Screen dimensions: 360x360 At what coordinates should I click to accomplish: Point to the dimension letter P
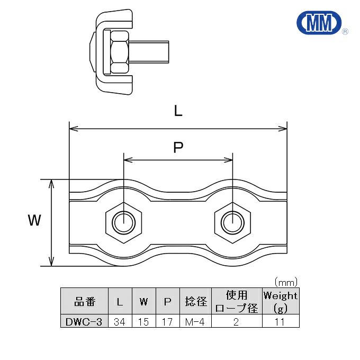coord(178,148)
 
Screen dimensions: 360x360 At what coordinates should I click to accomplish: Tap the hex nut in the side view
coord(120,51)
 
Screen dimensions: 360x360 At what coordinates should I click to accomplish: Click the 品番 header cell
coord(85,302)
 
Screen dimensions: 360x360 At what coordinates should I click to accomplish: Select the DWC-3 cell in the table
coord(85,321)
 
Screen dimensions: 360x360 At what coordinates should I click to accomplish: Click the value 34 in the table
coord(120,321)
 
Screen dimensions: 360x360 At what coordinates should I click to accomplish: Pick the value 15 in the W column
coord(143,321)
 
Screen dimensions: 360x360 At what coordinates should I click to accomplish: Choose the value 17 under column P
coord(167,321)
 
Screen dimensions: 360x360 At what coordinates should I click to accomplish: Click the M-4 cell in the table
coord(195,321)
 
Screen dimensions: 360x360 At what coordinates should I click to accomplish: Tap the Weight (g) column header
coord(281,302)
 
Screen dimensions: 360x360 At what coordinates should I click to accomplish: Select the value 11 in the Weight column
coord(281,321)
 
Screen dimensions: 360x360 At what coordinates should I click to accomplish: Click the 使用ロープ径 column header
coord(237,302)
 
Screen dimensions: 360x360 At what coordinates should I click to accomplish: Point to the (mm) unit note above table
coord(286,282)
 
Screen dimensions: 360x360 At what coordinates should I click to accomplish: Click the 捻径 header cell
coord(195,302)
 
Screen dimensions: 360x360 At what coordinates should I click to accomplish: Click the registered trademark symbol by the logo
coord(345,32)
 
